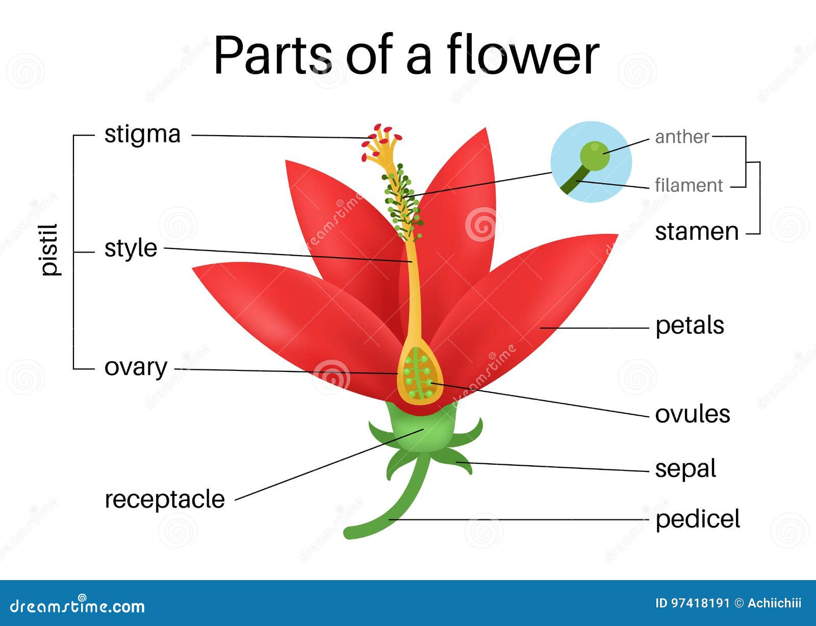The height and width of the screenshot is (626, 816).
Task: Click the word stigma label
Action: [x=142, y=135]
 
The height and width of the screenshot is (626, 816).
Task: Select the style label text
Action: [x=131, y=248]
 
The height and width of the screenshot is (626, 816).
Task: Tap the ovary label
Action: [x=136, y=367]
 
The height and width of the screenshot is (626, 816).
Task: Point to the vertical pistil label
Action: [x=50, y=250]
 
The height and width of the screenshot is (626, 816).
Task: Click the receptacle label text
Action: [x=164, y=499]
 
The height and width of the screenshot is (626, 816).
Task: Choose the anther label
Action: [x=682, y=137]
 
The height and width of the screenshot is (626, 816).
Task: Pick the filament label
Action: [x=688, y=185]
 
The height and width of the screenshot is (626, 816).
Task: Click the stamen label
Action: [x=697, y=232]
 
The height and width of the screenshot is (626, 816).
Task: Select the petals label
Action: [x=690, y=325]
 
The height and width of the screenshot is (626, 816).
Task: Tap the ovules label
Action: [x=692, y=414]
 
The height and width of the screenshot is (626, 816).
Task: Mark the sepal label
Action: [x=685, y=469]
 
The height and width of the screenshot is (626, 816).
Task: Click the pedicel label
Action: [x=697, y=519]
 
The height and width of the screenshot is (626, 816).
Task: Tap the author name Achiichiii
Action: [x=774, y=604]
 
